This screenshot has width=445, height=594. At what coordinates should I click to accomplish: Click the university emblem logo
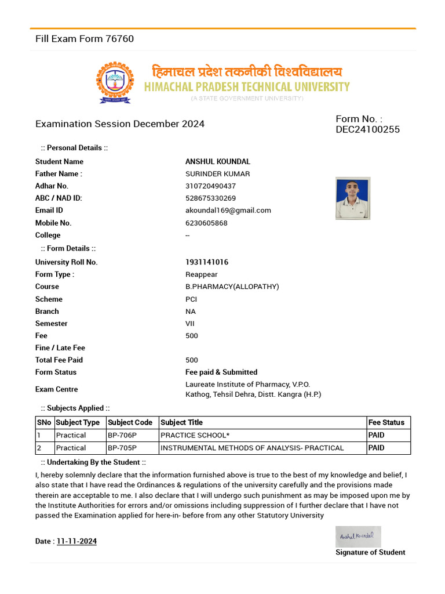click(115, 82)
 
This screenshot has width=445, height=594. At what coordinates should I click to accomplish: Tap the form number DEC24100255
click(367, 129)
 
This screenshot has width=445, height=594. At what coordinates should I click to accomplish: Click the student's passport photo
click(353, 198)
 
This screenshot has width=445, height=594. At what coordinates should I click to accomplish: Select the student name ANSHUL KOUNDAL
click(217, 162)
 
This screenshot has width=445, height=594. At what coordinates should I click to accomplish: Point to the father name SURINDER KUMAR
click(217, 174)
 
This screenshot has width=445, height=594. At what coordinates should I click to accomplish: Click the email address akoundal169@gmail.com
click(228, 211)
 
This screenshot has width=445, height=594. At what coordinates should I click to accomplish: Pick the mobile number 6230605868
click(206, 223)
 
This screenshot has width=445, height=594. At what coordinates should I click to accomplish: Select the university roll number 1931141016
click(207, 262)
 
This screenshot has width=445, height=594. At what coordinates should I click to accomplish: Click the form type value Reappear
click(201, 274)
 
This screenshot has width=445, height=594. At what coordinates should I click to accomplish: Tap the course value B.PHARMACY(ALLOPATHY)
click(232, 287)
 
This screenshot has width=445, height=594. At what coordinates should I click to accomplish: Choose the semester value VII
click(191, 324)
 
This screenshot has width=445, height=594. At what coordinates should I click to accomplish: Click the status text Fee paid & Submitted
click(221, 372)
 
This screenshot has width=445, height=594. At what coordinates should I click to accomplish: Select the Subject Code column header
click(130, 423)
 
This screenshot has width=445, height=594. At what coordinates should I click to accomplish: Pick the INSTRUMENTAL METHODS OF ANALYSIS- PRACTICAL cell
click(252, 448)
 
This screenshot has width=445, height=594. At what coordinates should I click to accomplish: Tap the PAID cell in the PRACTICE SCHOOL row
click(376, 435)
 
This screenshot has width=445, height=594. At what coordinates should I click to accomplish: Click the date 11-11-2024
click(76, 541)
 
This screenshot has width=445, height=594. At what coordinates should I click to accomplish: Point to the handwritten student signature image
click(358, 536)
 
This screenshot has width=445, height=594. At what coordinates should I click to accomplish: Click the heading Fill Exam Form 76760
click(85, 39)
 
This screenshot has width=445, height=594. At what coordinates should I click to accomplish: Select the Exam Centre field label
click(56, 389)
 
